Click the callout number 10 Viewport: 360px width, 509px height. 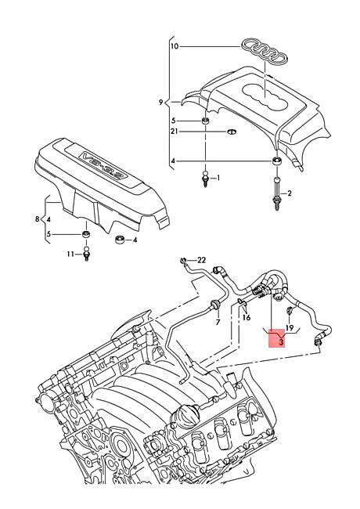(x=174, y=47)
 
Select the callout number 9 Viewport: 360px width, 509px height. (x=161, y=103)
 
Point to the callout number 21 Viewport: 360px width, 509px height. (x=175, y=132)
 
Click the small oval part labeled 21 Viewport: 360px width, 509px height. (x=233, y=132)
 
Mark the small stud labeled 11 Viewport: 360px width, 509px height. (x=88, y=254)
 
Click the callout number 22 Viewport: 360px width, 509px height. (x=201, y=260)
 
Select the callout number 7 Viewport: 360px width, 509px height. (x=218, y=323)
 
